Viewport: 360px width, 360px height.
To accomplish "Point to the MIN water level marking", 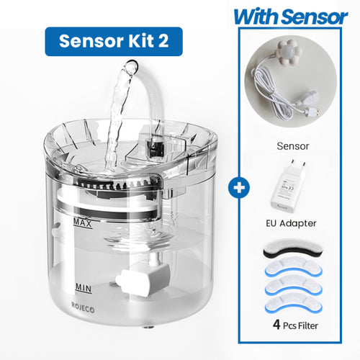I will point(83,287).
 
